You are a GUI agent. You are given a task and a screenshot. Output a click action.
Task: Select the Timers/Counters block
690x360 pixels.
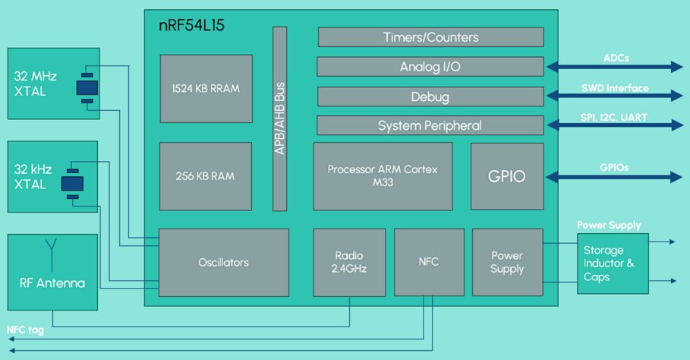pos(430,37)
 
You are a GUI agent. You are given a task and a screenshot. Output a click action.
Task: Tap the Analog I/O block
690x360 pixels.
pos(430,67)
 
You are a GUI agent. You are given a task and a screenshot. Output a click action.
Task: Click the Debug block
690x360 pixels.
pos(430,96)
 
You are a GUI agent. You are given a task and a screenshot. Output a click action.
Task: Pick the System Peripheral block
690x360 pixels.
pos(430,125)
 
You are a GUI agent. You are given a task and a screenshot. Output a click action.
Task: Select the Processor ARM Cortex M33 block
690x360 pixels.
pos(383,175)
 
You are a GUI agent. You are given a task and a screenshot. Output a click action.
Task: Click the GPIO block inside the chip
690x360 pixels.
pos(507,175)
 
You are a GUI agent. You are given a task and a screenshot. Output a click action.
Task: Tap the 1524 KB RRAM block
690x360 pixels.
pos(205,88)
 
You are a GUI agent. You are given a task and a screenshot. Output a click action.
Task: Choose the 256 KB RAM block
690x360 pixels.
pos(205,175)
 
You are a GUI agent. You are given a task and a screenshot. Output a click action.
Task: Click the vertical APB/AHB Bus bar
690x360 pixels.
pos(279,118)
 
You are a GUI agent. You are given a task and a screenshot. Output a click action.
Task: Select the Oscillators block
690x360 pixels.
pos(223,262)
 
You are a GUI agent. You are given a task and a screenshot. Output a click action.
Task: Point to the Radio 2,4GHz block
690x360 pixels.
pos(349,262)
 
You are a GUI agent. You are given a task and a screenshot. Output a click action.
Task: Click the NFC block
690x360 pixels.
pos(428,262)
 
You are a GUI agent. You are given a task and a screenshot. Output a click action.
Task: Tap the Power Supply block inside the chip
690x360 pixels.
pos(507,262)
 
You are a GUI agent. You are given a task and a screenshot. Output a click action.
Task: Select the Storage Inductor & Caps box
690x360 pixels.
pos(613,263)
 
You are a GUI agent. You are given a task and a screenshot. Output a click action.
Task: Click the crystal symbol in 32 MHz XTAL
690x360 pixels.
pos(87,87)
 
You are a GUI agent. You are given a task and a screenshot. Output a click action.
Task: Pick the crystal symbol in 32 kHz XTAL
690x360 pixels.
pos(73,182)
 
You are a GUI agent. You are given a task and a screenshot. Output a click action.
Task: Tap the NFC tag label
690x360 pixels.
pos(25,330)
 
